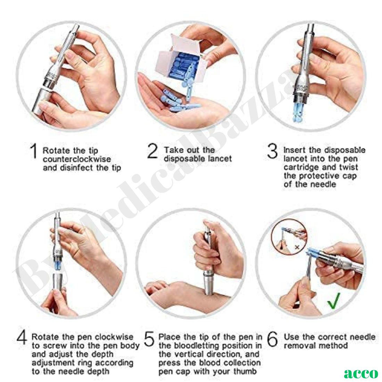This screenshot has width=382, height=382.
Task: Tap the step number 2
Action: click(152, 152)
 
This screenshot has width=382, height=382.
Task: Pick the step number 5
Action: click(149, 339)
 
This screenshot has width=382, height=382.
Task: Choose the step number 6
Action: click(273, 339)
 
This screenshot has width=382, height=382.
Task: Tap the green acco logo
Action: click(361, 373)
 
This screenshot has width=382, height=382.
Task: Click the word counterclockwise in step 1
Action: click(77, 159)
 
